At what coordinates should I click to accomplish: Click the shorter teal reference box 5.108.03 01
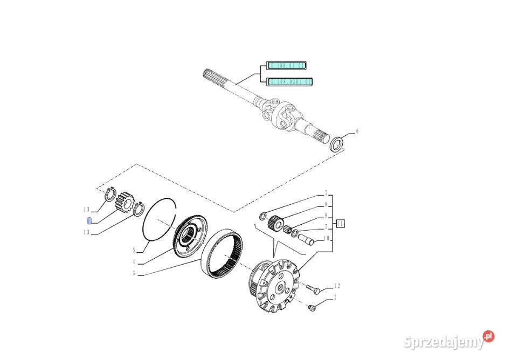tap(287, 66)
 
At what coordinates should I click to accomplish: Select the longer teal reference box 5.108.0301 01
tap(290, 82)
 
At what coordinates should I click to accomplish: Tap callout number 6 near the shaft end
tap(356, 131)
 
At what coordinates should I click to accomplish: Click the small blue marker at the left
tap(90, 220)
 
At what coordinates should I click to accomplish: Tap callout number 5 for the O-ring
tap(134, 251)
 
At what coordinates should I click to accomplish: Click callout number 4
tap(134, 262)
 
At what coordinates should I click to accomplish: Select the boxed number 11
tap(341, 223)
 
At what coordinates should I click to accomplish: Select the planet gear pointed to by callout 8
tap(279, 221)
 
